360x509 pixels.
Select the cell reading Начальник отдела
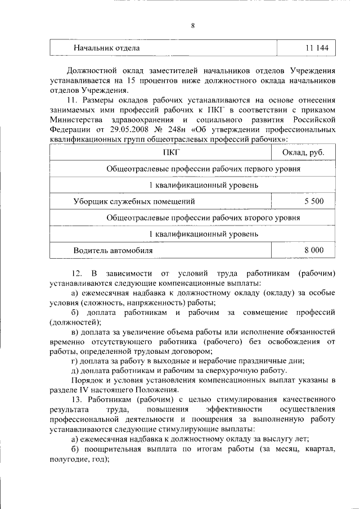[x=106, y=48]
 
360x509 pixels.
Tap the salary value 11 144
[x=317, y=48]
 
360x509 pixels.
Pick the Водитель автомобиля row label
[x=112, y=249]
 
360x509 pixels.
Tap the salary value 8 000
[x=313, y=249]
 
